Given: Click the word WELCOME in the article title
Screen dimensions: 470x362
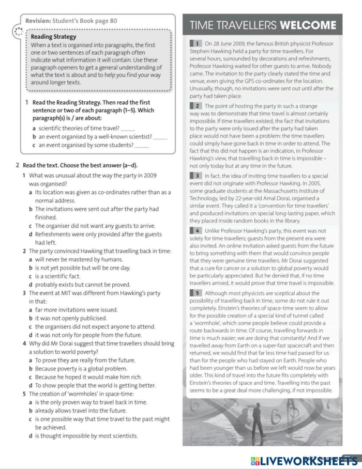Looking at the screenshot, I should pos(308,25).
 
